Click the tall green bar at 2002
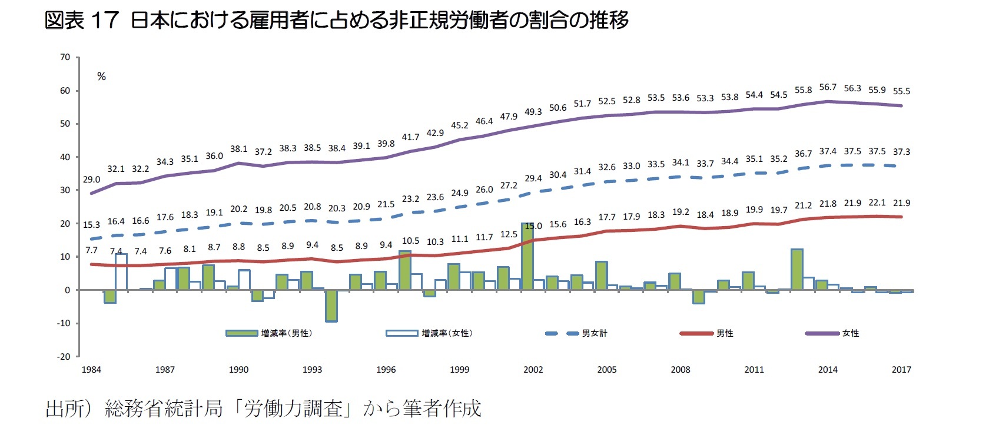pos(527,257)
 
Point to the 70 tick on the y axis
pos(65,57)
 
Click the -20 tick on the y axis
pos(63,356)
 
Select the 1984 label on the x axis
pos(91,370)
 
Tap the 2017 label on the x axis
pos(901,370)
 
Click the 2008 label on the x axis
pos(681,370)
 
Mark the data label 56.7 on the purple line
pos(828,87)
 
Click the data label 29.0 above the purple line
pos(91,180)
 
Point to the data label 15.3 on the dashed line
pos(91,225)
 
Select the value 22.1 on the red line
pos(877,203)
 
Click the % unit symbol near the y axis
pos(101,77)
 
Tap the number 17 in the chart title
pos(105,21)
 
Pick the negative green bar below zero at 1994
pos(331,306)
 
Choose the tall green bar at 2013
pos(797,269)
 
